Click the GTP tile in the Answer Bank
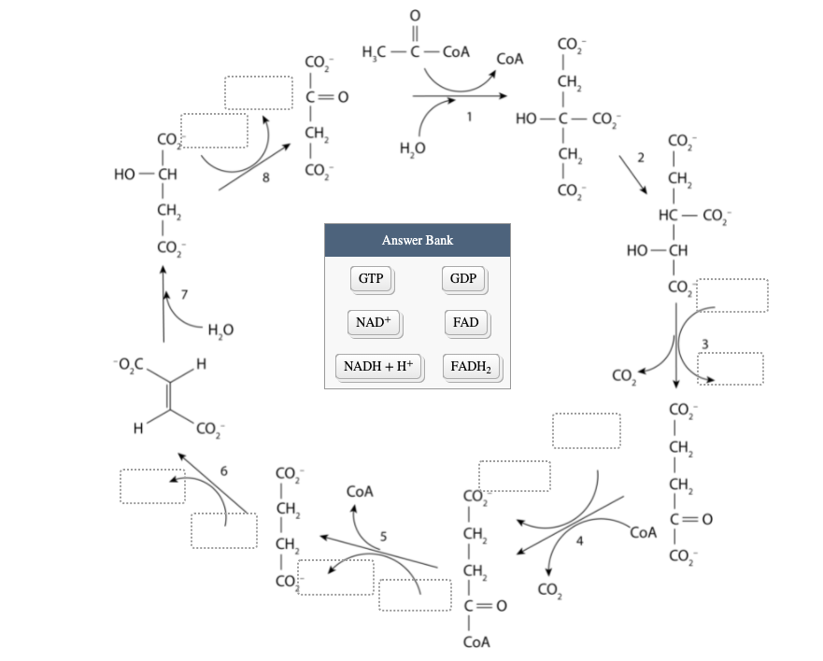point(371,278)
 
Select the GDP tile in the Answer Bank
point(463,278)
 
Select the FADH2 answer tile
point(475,366)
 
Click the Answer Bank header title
point(417,240)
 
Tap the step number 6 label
point(224,469)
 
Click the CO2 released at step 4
point(549,589)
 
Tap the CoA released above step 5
point(360,490)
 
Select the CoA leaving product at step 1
point(510,59)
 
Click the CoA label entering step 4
point(644,533)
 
